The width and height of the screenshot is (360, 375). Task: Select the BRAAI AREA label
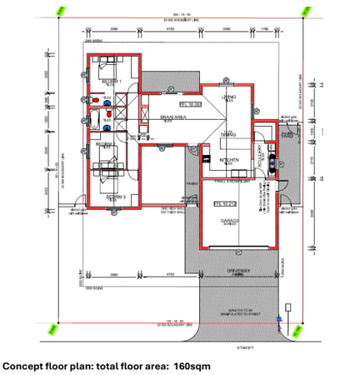point(172,117)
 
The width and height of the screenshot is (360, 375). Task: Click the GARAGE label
point(230,221)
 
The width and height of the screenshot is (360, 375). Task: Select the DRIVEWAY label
point(238,271)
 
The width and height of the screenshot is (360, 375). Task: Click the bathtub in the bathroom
point(96,127)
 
